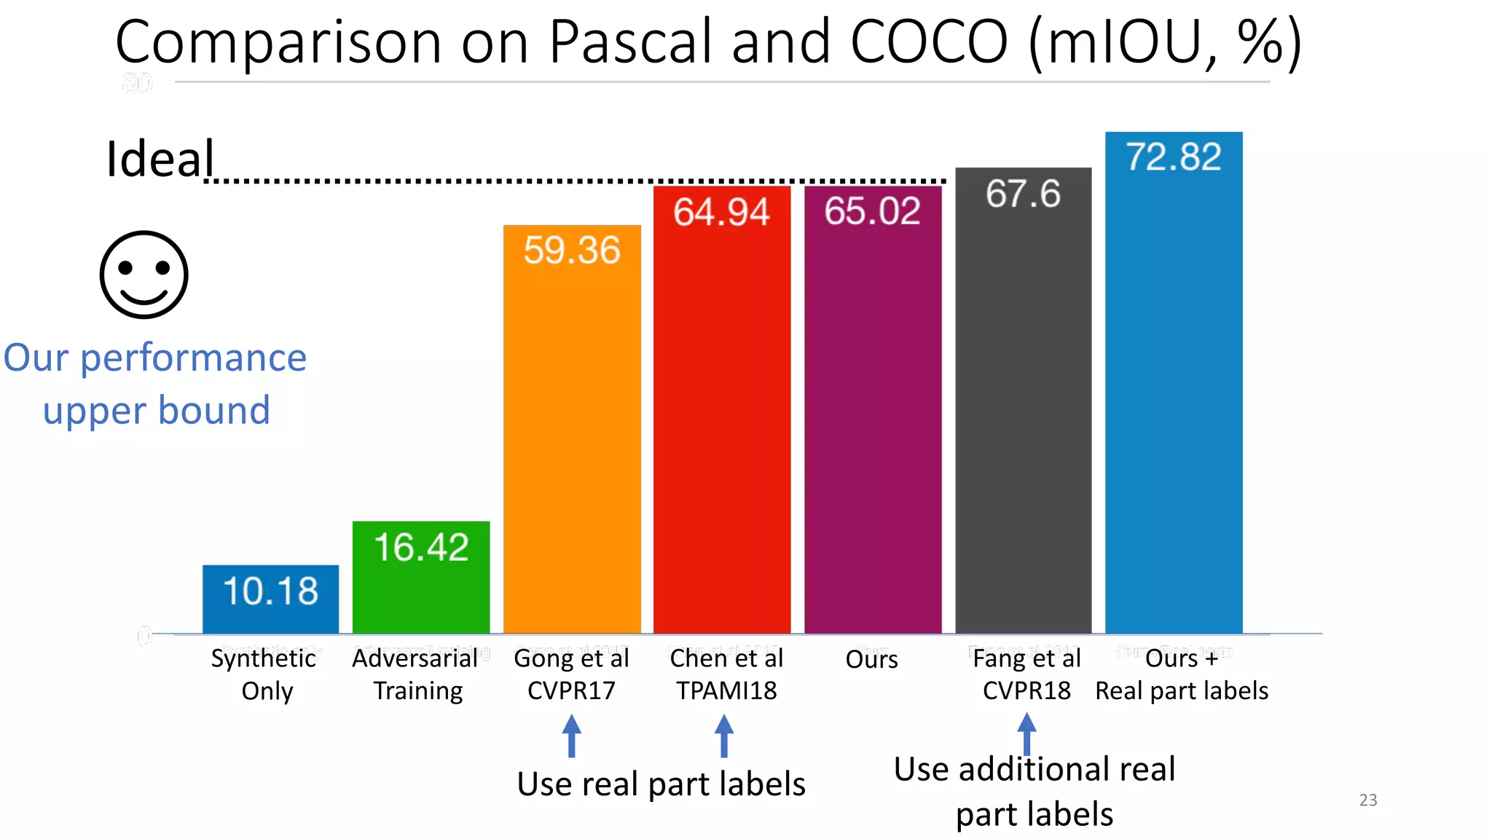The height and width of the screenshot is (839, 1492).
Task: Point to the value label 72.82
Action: click(1174, 157)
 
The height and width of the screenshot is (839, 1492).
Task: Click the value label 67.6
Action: click(1023, 194)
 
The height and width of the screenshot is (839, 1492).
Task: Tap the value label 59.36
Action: click(572, 250)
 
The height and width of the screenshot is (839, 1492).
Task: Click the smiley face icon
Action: click(144, 275)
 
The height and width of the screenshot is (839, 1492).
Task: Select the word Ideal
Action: click(160, 158)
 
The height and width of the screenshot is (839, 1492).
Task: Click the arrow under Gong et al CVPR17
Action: click(572, 735)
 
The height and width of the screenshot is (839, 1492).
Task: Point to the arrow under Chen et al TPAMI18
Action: click(723, 735)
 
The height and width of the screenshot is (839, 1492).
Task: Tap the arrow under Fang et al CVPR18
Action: click(1026, 732)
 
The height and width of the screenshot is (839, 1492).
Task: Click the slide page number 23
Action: click(1368, 800)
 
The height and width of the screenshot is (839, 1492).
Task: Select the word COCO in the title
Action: click(929, 42)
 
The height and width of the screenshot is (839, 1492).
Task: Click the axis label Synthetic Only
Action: click(264, 674)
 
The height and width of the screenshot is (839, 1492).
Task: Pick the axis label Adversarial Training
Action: click(417, 674)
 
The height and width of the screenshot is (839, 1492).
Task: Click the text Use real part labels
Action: click(661, 784)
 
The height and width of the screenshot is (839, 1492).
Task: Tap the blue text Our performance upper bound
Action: click(155, 384)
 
